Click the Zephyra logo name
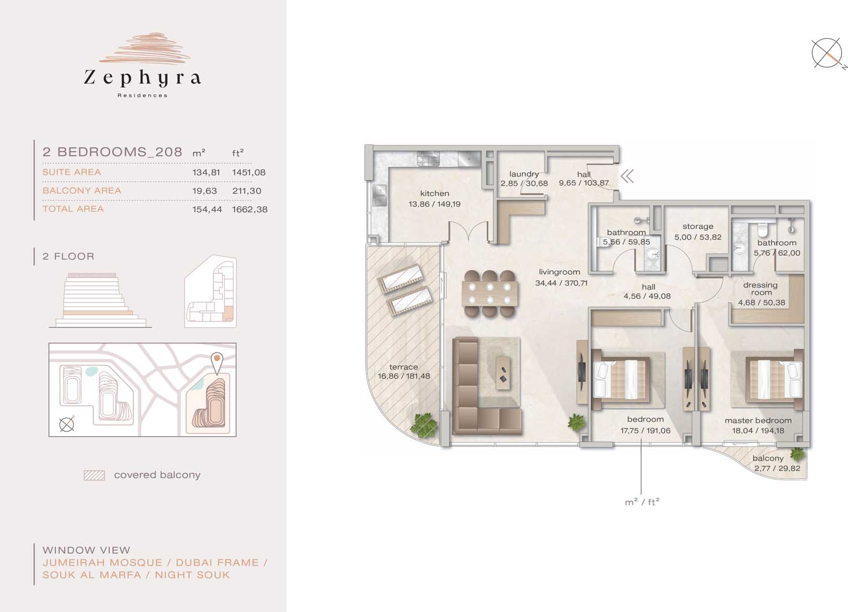(x=142, y=78)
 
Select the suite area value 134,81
(x=206, y=172)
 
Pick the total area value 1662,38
(x=249, y=209)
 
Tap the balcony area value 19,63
(x=204, y=191)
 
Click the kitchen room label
(x=434, y=193)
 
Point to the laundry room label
(x=524, y=174)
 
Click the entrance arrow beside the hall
(x=627, y=176)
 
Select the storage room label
(x=698, y=226)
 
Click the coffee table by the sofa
(x=503, y=374)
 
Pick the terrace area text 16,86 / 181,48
(x=404, y=376)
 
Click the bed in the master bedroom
(x=774, y=380)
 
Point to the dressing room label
(x=760, y=289)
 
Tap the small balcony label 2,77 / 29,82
(x=777, y=468)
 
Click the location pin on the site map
(x=217, y=363)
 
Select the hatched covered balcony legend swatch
(x=94, y=475)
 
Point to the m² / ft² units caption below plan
(x=642, y=502)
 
